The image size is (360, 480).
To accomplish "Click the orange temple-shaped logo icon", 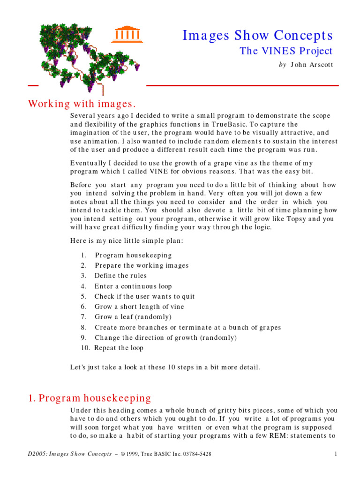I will (127, 34).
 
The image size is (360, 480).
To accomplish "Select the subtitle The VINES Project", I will (286, 51).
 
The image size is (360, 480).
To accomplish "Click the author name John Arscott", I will (312, 65).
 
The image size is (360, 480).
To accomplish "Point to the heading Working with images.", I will (82, 104).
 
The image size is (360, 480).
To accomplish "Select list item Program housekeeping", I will (133, 255).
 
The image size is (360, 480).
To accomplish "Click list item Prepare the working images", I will (142, 266).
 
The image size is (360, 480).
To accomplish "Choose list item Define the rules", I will (120, 276).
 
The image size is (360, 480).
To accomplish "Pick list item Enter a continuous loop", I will (133, 286).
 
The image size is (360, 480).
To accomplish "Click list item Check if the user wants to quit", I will (144, 297).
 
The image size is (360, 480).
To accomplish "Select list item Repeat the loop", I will (119, 348).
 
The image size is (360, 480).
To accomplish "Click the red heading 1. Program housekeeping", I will (90, 398).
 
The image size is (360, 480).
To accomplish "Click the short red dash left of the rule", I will (33, 85).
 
